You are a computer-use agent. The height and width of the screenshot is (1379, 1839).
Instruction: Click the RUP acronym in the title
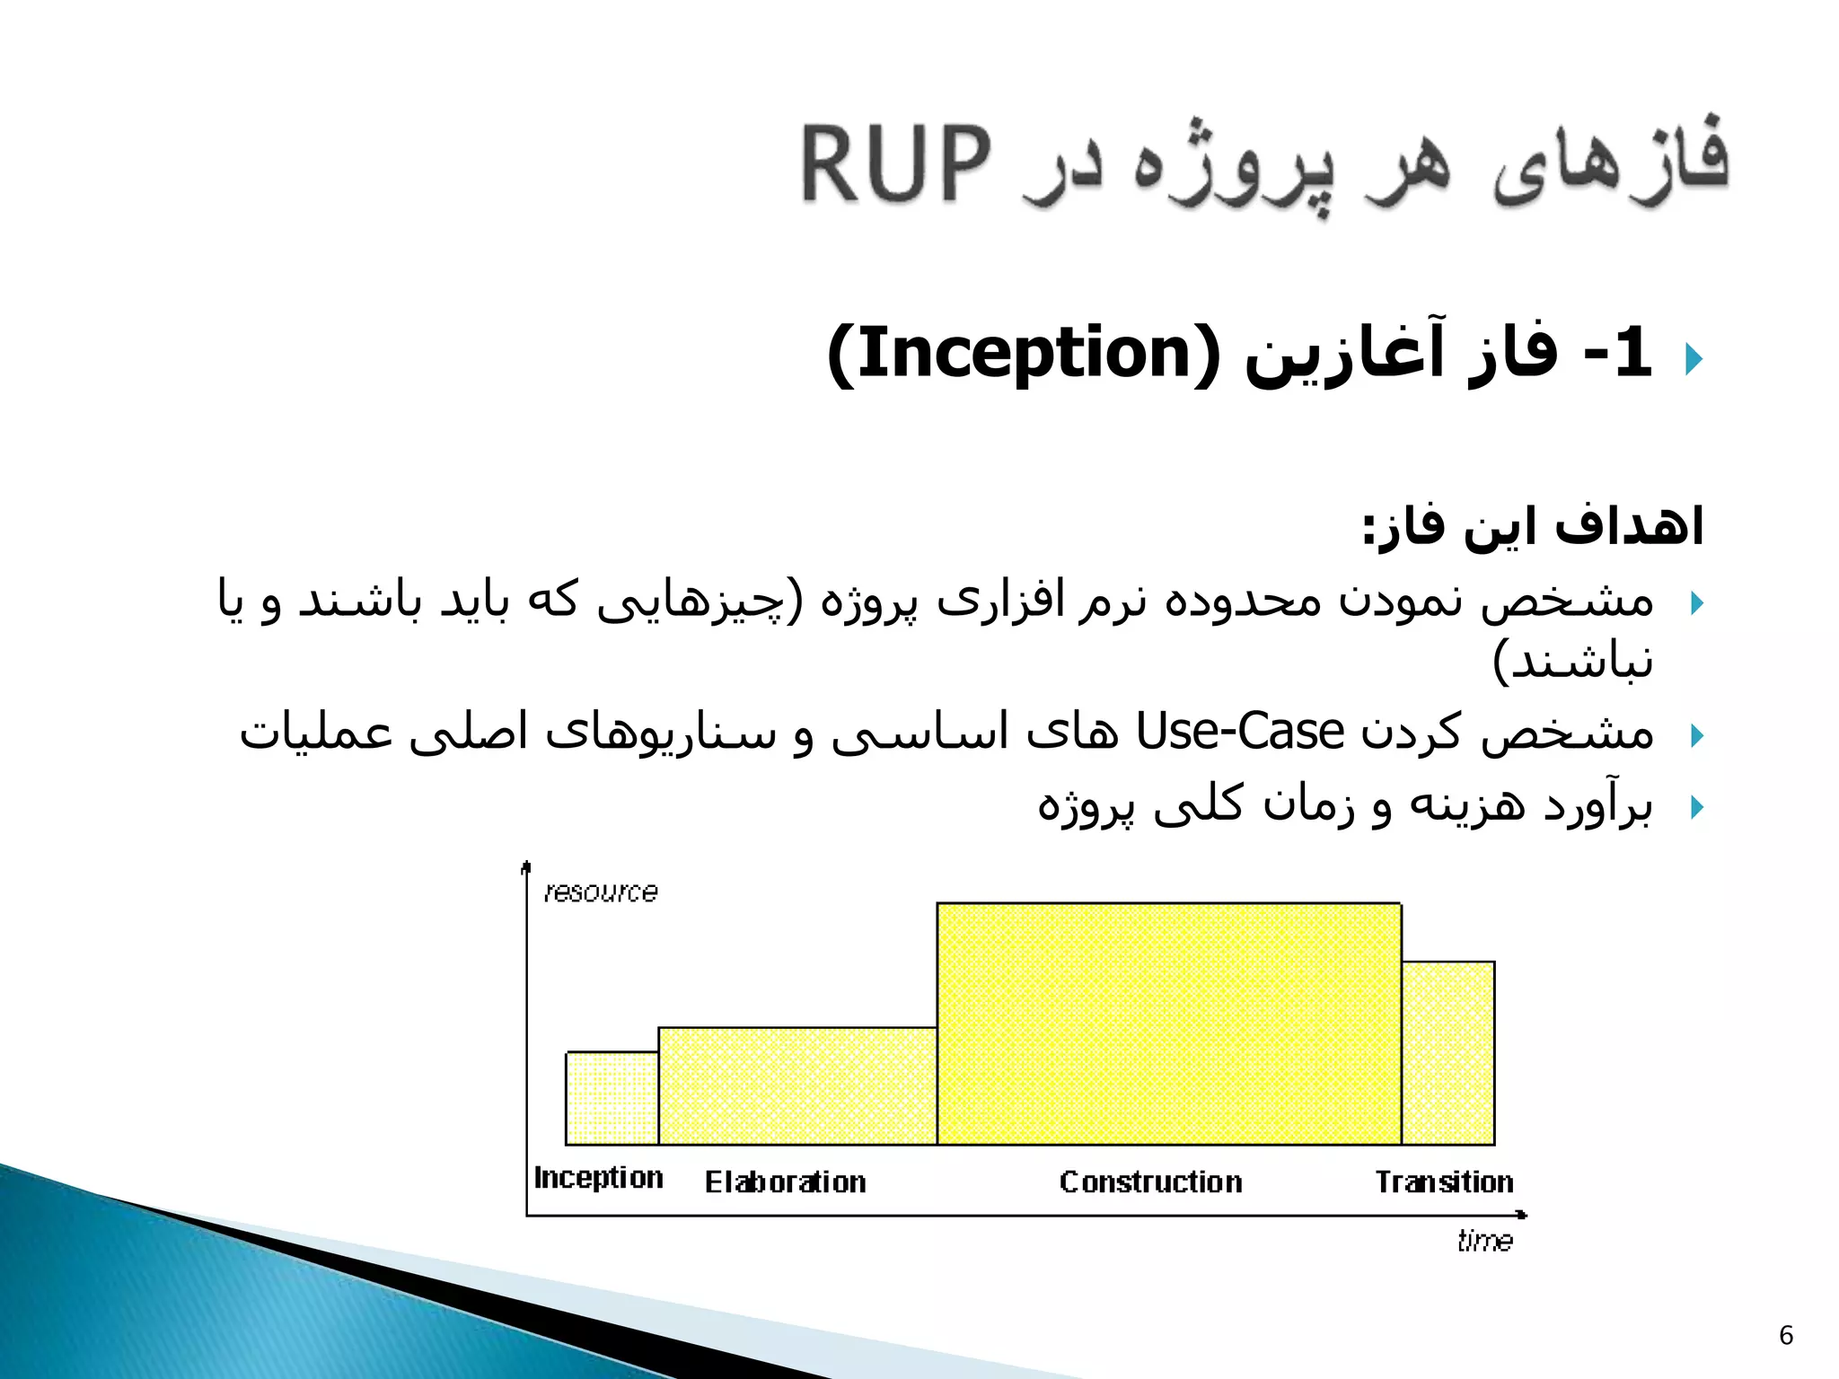[896, 164]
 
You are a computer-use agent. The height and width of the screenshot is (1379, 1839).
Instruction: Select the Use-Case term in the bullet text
[1239, 731]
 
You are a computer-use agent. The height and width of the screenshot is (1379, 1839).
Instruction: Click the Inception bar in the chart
[612, 1098]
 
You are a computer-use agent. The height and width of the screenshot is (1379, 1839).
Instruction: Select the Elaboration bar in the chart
[797, 1085]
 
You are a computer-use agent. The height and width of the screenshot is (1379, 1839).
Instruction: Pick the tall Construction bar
[1168, 1023]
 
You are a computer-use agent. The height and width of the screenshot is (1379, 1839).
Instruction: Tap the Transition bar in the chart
[1447, 1053]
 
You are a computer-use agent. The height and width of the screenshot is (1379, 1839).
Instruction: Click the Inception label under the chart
[598, 1178]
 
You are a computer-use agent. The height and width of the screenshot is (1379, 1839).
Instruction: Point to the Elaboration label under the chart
[785, 1182]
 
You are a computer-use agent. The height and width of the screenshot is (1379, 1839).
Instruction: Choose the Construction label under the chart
[1150, 1182]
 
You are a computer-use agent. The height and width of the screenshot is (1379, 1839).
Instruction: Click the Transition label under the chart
[1444, 1182]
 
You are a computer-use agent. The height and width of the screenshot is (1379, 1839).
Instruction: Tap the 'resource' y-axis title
[601, 892]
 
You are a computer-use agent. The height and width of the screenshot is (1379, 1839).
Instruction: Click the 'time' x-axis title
[1484, 1241]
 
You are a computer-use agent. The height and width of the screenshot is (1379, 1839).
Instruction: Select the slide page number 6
[1786, 1336]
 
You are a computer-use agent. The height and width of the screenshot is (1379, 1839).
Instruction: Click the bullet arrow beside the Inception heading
[1694, 359]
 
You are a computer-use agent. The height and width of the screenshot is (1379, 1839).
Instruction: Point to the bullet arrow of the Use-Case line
[1696, 736]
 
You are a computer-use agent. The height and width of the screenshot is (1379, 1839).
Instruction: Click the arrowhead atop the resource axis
[526, 866]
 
